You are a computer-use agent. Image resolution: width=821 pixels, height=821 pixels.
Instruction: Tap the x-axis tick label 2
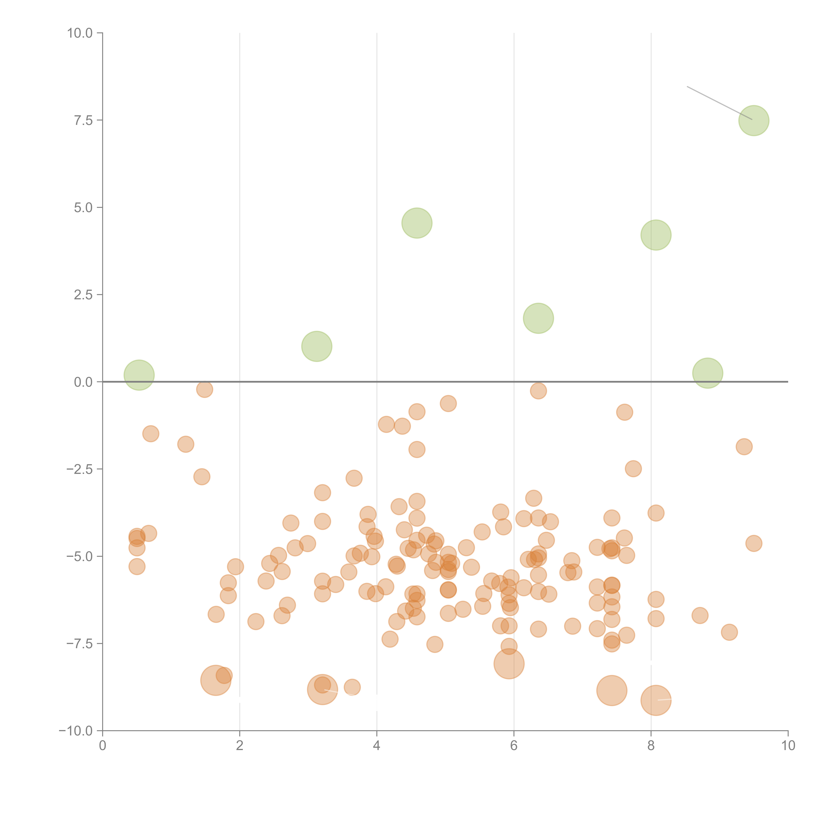240,746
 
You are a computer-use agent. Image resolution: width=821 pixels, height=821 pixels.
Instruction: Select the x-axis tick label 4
377,746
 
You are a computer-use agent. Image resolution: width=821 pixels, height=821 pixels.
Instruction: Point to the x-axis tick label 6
514,746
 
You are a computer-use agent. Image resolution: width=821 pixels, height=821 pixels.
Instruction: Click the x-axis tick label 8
651,746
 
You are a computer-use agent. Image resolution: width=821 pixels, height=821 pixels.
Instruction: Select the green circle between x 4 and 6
417,223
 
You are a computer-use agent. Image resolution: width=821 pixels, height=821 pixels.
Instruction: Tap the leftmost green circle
139,375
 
